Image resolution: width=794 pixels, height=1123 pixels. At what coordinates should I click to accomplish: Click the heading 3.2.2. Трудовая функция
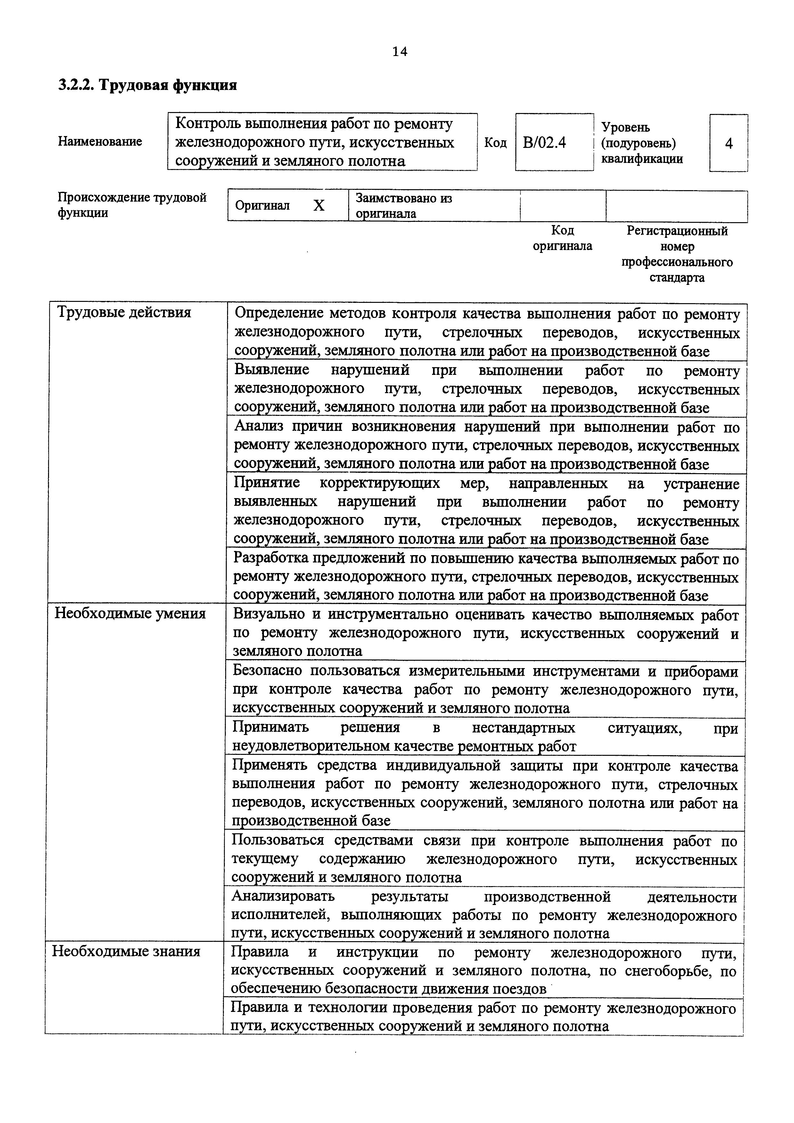tap(148, 85)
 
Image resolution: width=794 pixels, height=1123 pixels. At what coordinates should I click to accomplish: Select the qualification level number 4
tap(728, 143)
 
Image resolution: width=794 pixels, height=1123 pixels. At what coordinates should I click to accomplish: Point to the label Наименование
tap(100, 141)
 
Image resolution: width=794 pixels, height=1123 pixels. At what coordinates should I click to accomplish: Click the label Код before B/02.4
tap(495, 143)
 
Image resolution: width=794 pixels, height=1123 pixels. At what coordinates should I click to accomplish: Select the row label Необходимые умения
tap(130, 613)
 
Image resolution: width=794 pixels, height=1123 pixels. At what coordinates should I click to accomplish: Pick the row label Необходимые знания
tap(126, 951)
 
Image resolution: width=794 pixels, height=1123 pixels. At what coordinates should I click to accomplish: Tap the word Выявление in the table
tap(272, 369)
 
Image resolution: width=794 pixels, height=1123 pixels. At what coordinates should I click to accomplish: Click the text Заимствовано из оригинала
tap(404, 206)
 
